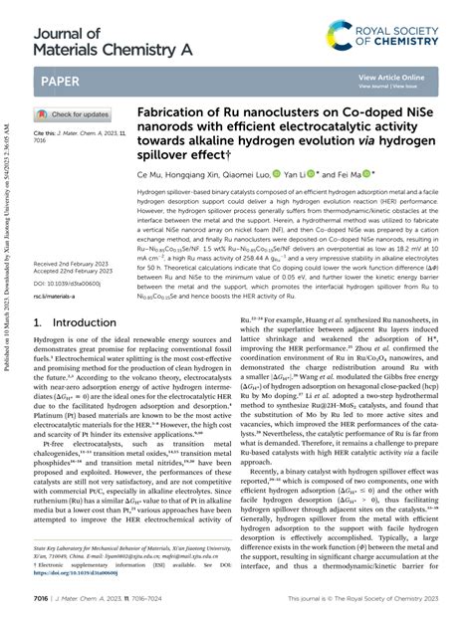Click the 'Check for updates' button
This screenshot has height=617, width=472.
[x=74, y=114]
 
